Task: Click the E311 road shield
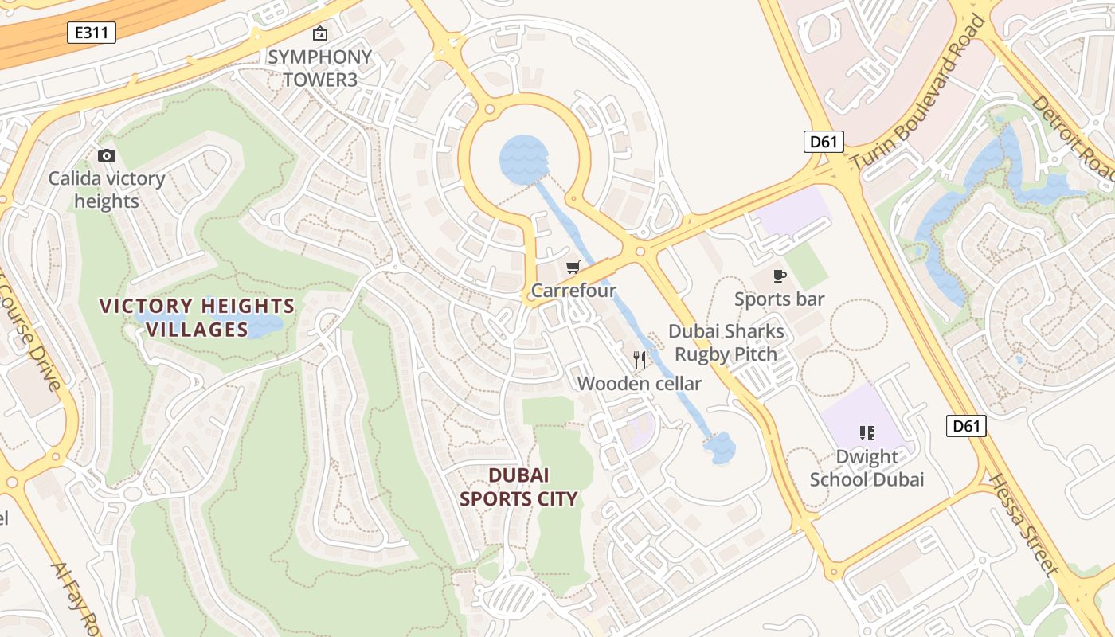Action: coord(92,33)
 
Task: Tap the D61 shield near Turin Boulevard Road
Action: coord(823,143)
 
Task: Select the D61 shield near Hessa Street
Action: coord(966,426)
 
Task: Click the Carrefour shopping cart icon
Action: coord(573,267)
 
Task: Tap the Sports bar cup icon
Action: coord(779,276)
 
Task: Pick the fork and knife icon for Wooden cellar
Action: coord(639,360)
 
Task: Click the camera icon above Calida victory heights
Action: coord(106,155)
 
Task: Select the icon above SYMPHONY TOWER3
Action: coord(319,33)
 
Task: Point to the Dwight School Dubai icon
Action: coord(867,433)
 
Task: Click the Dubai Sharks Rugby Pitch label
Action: coord(726,342)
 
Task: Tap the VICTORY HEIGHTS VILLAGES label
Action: coord(197,318)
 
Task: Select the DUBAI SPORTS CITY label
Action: coord(518,487)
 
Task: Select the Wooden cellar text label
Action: coord(639,384)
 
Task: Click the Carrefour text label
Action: coord(573,291)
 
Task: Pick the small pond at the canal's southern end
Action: coord(722,448)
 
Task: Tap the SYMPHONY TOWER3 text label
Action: coord(319,68)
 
